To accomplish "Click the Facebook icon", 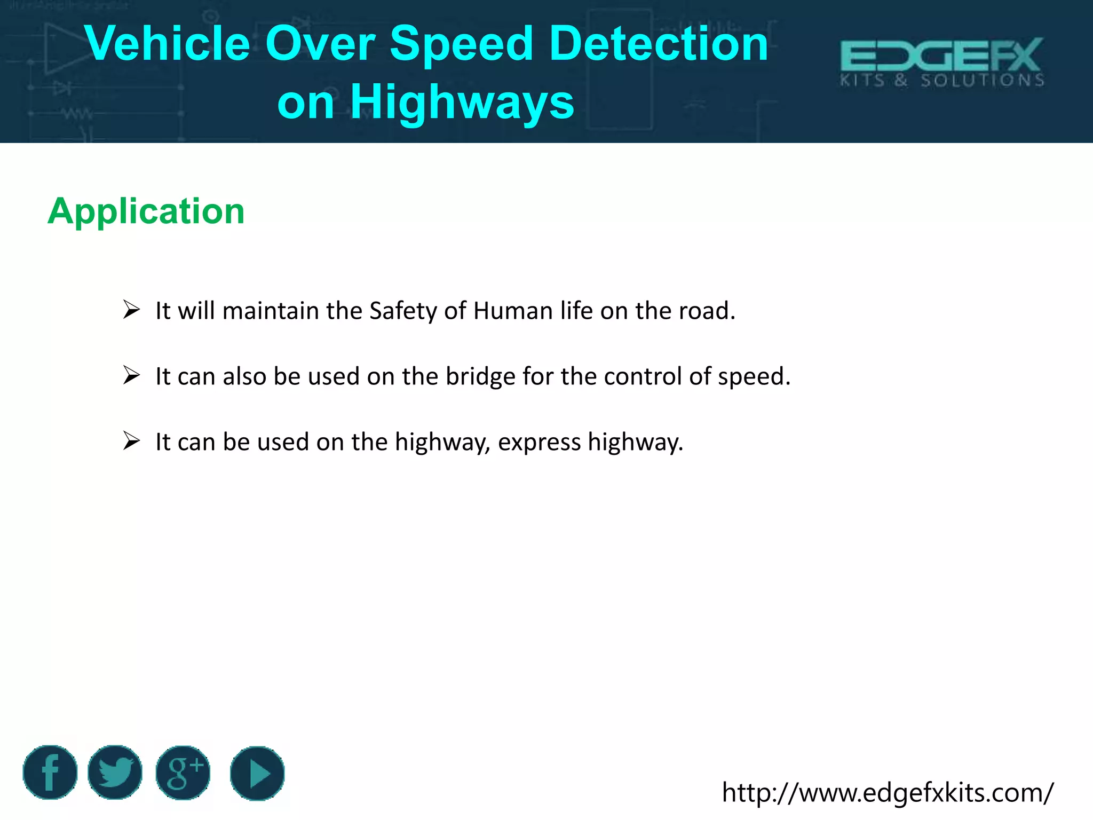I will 50,772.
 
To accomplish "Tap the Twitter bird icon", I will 115,772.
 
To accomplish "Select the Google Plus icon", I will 183,773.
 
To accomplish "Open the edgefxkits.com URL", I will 888,792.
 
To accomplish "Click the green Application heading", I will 146,211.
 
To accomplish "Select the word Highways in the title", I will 462,102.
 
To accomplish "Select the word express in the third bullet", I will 539,443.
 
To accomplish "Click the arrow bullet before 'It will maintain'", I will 131,309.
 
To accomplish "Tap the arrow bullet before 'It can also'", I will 131,375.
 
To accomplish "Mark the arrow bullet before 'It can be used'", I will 131,440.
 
